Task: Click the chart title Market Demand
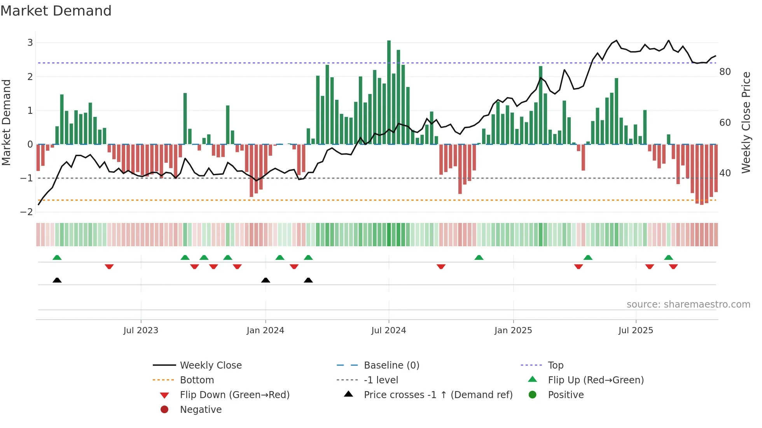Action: [56, 11]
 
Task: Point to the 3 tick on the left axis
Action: [30, 43]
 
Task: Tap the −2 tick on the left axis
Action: [27, 212]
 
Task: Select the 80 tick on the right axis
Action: [725, 72]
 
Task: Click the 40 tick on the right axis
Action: [725, 173]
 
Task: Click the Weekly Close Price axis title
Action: [746, 122]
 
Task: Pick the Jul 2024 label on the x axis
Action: [388, 331]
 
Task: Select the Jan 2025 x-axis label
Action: [513, 331]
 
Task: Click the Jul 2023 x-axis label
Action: [141, 331]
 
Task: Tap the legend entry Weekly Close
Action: [210, 365]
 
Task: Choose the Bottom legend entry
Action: [197, 380]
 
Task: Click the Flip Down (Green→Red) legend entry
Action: [234, 395]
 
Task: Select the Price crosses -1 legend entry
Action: [438, 395]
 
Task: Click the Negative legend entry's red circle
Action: [164, 410]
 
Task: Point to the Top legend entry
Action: [555, 365]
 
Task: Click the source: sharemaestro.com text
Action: [688, 304]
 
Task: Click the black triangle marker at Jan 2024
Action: [266, 280]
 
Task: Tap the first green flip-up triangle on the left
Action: [57, 257]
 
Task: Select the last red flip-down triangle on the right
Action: [673, 266]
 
